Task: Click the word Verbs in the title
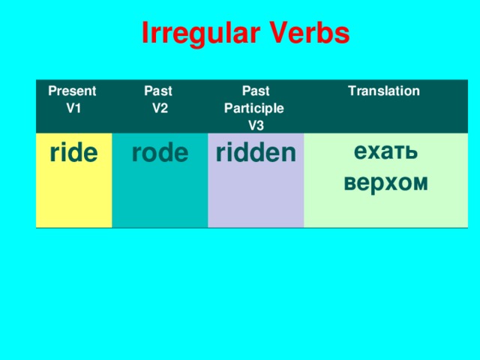pos(309,34)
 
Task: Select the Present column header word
pos(72,91)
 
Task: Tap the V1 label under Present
pos(74,107)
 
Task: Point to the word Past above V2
pos(158,91)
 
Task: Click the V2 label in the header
pos(159,107)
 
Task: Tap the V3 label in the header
pos(256,124)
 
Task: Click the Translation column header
pos(383,91)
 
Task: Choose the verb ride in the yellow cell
pos(73,153)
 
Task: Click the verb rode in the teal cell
pos(160,153)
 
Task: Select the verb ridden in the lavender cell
pos(256,153)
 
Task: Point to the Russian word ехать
pos(385,151)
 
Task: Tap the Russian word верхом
pos(385,182)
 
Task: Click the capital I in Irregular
pos(145,34)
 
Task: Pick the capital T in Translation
pos(351,91)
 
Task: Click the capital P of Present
pos(52,91)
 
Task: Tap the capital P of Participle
pos(229,108)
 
